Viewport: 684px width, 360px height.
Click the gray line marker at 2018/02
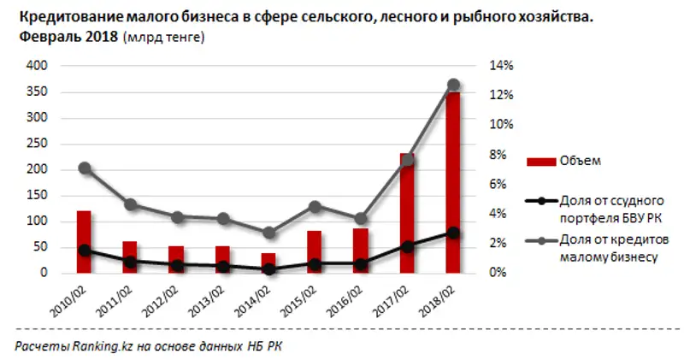pos(453,85)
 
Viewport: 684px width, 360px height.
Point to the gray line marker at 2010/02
pos(84,168)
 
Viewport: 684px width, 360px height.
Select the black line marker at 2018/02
pos(453,233)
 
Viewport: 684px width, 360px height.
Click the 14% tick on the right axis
pos(500,66)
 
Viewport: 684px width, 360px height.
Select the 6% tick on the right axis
pos(500,184)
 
